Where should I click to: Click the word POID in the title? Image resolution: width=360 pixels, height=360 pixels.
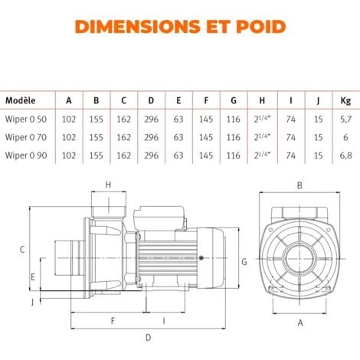(x=261, y=27)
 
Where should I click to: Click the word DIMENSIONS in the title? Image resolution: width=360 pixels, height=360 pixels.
(x=138, y=27)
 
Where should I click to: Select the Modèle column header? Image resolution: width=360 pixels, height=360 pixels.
(x=21, y=100)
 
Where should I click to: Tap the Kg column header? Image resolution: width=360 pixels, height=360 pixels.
(x=345, y=100)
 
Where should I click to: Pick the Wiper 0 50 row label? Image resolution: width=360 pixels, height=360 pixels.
(x=26, y=119)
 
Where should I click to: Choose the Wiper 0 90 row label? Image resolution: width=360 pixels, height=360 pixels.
(x=26, y=155)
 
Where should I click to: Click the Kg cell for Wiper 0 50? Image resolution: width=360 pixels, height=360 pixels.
(x=345, y=119)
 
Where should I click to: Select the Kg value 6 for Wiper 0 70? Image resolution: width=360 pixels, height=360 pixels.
(x=345, y=137)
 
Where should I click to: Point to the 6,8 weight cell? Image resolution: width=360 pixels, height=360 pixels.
(x=345, y=155)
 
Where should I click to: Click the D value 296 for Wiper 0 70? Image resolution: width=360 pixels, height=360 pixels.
(x=151, y=137)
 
